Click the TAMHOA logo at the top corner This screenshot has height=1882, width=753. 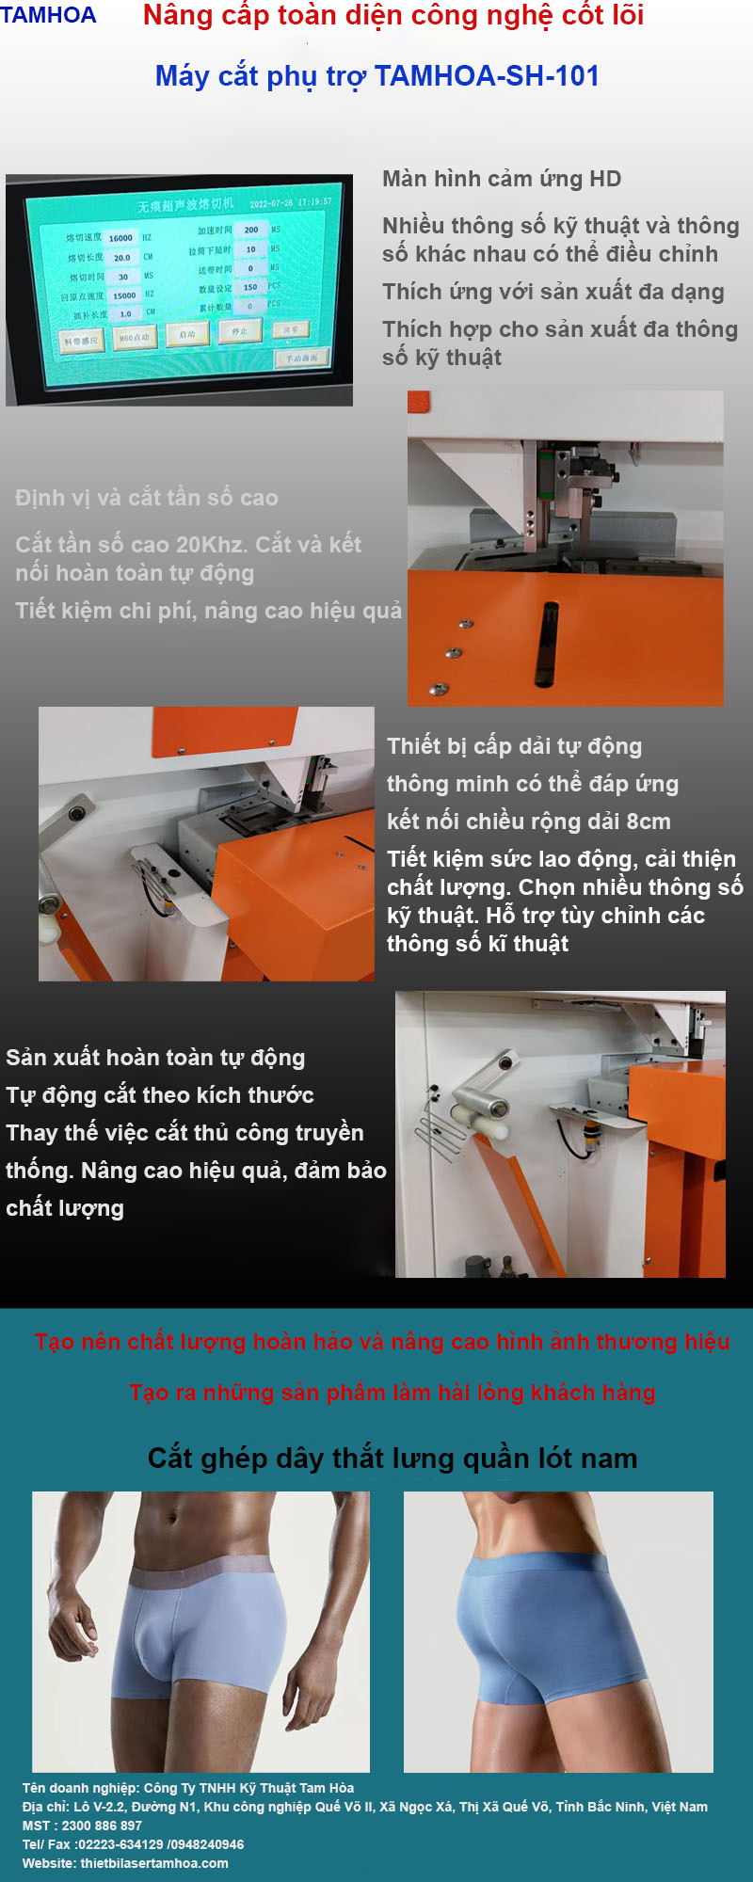(48, 15)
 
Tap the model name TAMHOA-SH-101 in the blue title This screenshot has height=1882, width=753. (487, 76)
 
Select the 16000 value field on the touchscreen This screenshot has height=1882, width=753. (120, 238)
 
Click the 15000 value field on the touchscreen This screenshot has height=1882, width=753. (124, 295)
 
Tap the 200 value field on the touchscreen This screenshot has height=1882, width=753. (251, 230)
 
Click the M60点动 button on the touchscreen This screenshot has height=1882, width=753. (135, 338)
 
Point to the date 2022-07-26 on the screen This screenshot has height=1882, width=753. (271, 203)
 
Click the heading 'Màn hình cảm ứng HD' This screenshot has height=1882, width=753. (502, 179)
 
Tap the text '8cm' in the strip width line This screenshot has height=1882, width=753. (649, 821)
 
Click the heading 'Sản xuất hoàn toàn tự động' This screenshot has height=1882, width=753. (155, 1058)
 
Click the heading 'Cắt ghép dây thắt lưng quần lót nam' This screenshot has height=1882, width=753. (393, 1459)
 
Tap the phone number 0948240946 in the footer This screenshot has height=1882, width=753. (206, 1844)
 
